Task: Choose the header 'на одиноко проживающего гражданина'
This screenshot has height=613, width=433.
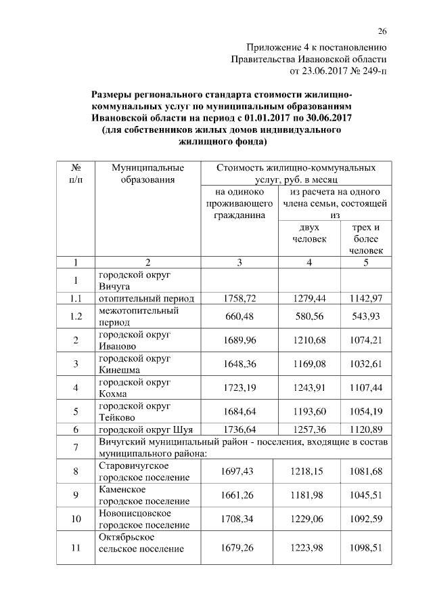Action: tap(240, 203)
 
